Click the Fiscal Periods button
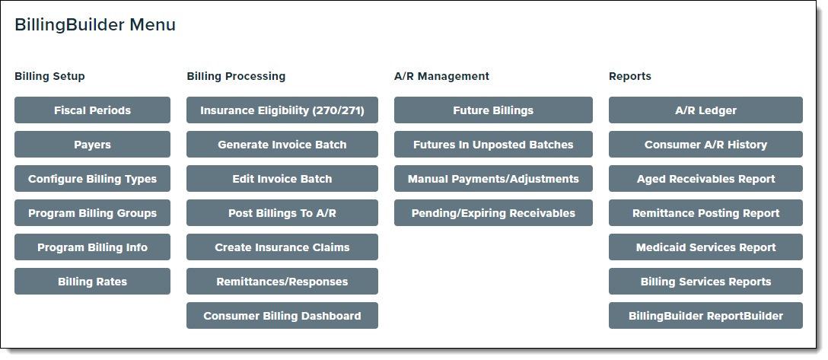click(x=92, y=110)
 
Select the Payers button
click(x=92, y=144)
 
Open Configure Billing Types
click(x=92, y=178)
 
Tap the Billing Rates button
click(x=92, y=282)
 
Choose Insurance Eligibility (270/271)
click(x=282, y=110)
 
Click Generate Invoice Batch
click(x=282, y=144)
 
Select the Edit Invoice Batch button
click(x=282, y=178)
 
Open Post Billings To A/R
click(x=282, y=213)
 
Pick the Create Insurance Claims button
click(x=282, y=247)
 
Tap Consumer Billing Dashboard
click(x=282, y=316)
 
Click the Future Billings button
click(x=493, y=110)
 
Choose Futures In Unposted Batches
click(x=493, y=144)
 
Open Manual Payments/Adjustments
click(x=493, y=178)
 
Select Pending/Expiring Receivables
click(x=493, y=213)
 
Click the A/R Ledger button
click(x=705, y=110)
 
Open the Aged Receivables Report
click(x=705, y=178)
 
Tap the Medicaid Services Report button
click(x=705, y=247)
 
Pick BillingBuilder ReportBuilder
click(x=705, y=316)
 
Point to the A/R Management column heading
click(x=441, y=76)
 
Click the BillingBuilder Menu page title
click(x=95, y=25)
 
